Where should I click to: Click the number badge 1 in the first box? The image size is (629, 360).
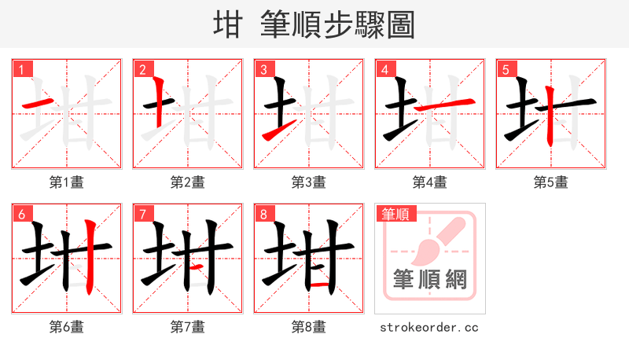click(x=21, y=70)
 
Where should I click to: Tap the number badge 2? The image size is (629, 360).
click(x=142, y=70)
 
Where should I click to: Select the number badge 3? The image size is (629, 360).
click(x=263, y=70)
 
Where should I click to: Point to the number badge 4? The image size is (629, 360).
click(x=384, y=70)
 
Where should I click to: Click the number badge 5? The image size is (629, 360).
click(x=506, y=70)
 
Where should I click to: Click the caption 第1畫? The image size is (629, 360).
click(x=67, y=182)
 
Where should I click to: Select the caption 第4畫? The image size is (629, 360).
click(x=430, y=182)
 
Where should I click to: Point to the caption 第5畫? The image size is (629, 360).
click(x=551, y=182)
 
